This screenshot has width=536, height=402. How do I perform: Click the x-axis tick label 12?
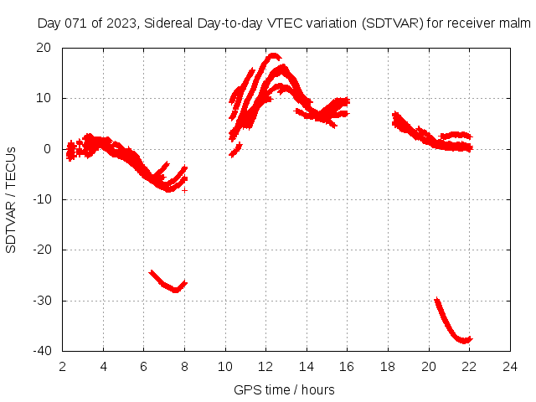pos(265,366)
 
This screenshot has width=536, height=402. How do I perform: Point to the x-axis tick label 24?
pos(509,366)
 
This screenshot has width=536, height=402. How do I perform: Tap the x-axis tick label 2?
pos(63,366)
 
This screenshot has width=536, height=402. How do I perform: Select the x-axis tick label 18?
pos(388,366)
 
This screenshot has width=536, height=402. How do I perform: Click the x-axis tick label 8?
pos(184,366)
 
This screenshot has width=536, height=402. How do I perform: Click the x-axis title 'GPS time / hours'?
pos(286,389)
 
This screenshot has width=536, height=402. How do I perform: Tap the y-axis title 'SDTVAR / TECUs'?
pos(12,199)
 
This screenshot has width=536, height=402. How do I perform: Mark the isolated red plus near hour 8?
pos(184,190)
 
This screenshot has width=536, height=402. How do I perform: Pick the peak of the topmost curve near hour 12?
pos(272,56)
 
